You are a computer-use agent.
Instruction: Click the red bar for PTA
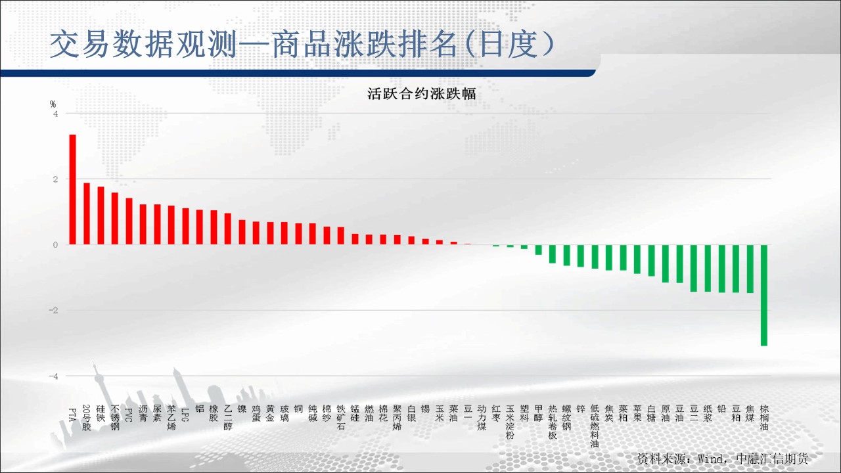click(x=73, y=190)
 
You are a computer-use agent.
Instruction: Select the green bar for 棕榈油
click(x=764, y=295)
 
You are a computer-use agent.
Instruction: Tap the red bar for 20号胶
click(x=87, y=214)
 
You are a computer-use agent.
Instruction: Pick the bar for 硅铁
click(x=101, y=215)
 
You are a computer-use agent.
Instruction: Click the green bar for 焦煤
click(x=750, y=269)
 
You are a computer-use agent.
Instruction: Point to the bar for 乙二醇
click(x=227, y=229)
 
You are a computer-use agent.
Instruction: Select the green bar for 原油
click(x=666, y=263)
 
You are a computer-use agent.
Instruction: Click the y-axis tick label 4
click(x=56, y=114)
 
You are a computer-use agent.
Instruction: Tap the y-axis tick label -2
click(x=53, y=311)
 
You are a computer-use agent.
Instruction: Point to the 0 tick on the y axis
click(x=56, y=245)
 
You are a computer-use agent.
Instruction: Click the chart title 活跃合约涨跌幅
click(x=422, y=94)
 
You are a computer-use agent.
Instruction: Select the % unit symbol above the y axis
click(x=53, y=104)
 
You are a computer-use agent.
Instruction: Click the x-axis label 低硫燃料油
click(x=595, y=426)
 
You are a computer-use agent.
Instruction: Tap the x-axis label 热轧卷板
click(x=553, y=422)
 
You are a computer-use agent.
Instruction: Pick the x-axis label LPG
click(x=185, y=415)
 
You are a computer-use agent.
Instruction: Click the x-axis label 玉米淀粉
click(x=510, y=422)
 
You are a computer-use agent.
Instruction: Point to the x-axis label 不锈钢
click(x=115, y=417)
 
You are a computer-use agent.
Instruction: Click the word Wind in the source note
click(x=710, y=459)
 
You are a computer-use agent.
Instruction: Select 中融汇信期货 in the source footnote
click(x=772, y=459)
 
